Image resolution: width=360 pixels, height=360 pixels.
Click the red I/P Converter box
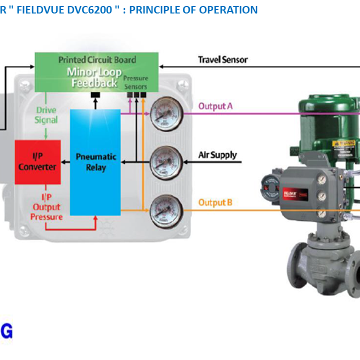click(x=37, y=162)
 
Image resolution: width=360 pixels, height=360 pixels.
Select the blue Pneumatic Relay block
click(x=95, y=162)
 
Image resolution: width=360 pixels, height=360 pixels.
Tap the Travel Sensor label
click(x=222, y=60)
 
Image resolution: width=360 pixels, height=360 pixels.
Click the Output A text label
click(x=215, y=106)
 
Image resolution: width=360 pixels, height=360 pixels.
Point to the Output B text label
click(x=215, y=202)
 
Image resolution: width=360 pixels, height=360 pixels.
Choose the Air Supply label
click(x=217, y=155)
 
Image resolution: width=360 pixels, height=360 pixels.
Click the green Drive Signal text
click(x=46, y=115)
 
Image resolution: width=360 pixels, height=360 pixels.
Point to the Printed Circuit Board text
click(x=97, y=60)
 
